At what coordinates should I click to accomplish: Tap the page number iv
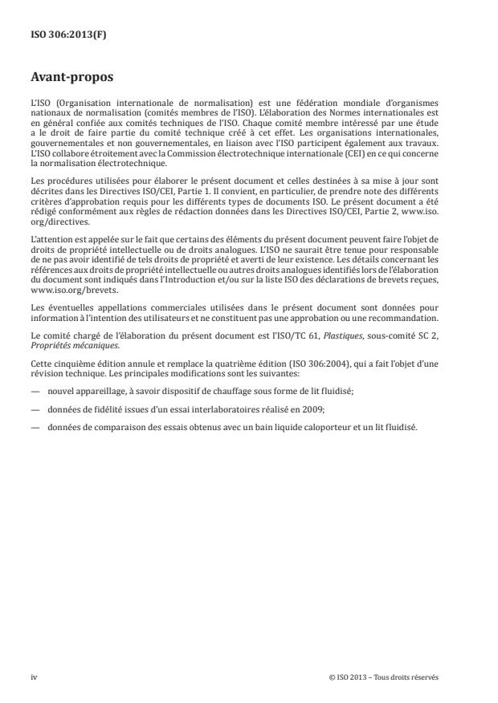click(34, 677)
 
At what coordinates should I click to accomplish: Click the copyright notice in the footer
click(384, 677)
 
